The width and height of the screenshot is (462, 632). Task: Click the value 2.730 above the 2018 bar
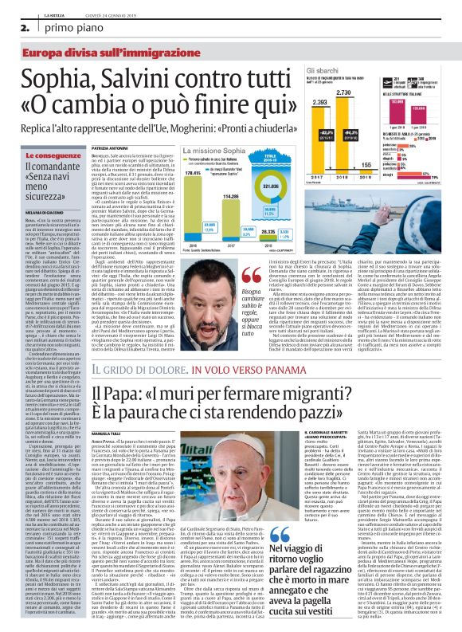[344, 93]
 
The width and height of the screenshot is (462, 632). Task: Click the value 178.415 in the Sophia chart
[192, 171]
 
